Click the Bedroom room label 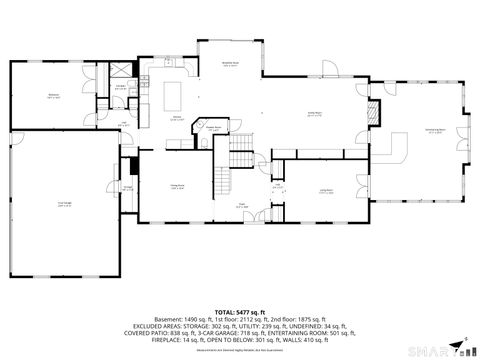(53, 96)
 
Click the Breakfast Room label (229, 64)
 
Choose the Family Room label (313, 113)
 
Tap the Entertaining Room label (434, 131)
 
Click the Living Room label (326, 190)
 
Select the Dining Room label (177, 187)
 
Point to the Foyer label (242, 205)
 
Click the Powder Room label (213, 127)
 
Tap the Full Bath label (121, 86)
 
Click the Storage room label (129, 187)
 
